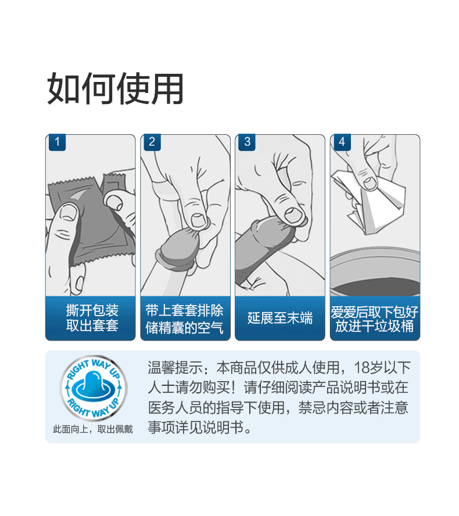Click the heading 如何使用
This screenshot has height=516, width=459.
pyautogui.click(x=115, y=89)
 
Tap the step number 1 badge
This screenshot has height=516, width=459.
pyautogui.click(x=58, y=142)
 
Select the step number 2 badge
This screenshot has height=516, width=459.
pyautogui.click(x=152, y=142)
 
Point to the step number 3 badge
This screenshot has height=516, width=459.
pyautogui.click(x=247, y=142)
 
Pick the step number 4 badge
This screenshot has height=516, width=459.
pyautogui.click(x=342, y=142)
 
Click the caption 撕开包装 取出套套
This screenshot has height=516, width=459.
pyautogui.click(x=92, y=318)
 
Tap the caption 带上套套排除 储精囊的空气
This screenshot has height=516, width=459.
pyautogui.click(x=185, y=318)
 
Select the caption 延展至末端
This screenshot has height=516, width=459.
pyautogui.click(x=280, y=318)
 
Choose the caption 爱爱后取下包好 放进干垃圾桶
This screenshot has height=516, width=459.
pyautogui.click(x=374, y=318)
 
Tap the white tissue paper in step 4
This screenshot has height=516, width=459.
pyautogui.click(x=372, y=200)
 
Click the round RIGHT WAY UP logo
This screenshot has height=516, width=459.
pyautogui.click(x=93, y=386)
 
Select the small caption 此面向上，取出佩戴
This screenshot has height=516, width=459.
pyautogui.click(x=93, y=429)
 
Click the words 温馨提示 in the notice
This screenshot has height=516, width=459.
pyautogui.click(x=175, y=367)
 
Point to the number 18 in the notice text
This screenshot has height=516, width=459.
pyautogui.click(x=361, y=368)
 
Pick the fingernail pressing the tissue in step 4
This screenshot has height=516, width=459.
pyautogui.click(x=370, y=183)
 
